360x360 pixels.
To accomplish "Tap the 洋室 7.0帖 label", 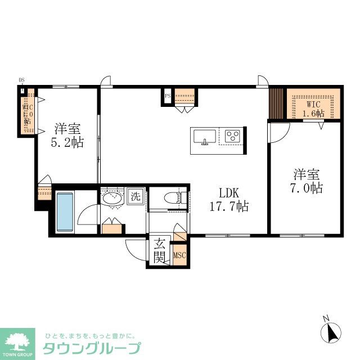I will (307, 181).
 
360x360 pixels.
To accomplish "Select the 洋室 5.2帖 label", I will (69, 135).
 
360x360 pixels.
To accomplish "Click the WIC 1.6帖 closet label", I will (313, 108).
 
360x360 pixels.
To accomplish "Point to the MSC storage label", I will (179, 256).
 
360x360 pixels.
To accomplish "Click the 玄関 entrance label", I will (159, 251).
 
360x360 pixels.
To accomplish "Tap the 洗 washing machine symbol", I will (136, 197).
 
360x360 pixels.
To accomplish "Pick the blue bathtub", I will (65, 212).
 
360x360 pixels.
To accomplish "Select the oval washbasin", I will (113, 198).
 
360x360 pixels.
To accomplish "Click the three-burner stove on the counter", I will (232, 136).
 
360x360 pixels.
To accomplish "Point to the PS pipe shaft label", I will (168, 96).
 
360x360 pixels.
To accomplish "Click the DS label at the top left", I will (22, 80).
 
